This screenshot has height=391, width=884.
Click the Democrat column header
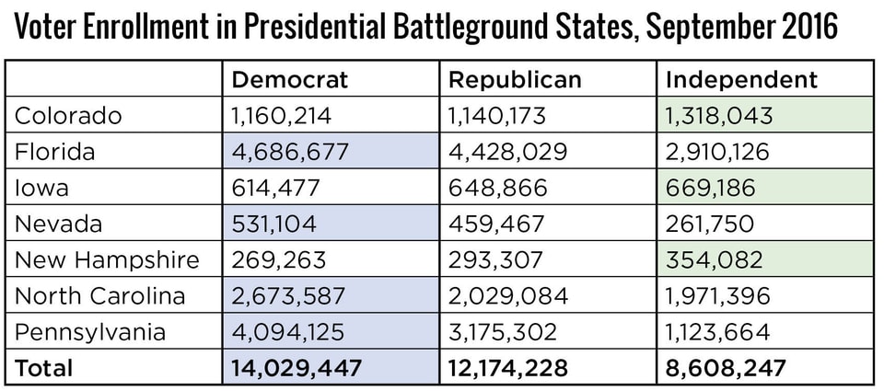tap(290, 80)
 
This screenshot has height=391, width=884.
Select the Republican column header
tap(515, 80)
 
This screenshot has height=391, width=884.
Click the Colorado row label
tap(69, 116)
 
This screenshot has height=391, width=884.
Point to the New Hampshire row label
tap(108, 260)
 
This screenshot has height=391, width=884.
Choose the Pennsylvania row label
tap(90, 332)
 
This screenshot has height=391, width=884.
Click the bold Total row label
tap(44, 368)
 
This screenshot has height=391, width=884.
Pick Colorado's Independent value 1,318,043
tap(719, 116)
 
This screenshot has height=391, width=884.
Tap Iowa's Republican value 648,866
tap(497, 189)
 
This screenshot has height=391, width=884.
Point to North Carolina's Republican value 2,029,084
tap(507, 296)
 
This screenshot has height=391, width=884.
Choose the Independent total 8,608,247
tap(726, 368)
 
